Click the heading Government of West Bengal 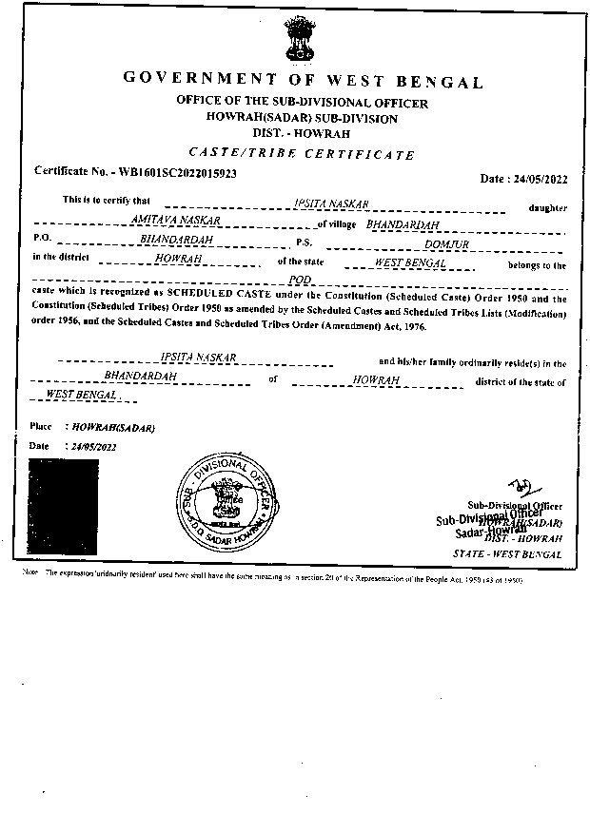(303, 81)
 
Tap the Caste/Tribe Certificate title (302, 154)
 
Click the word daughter (547, 207)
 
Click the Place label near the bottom (40, 427)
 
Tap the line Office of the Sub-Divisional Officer (302, 102)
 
